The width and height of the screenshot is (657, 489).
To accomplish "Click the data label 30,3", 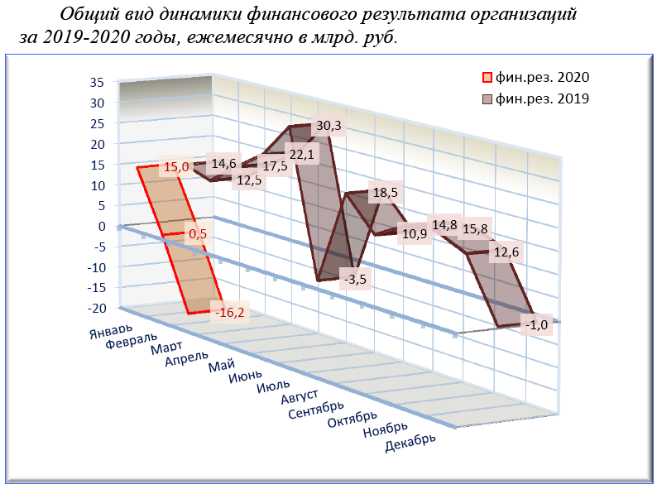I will coord(328,127).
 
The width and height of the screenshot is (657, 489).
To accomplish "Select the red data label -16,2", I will coord(230,313).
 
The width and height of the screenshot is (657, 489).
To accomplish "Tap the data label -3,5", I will coord(357,279).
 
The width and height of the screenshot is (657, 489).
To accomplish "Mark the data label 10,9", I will coord(412,233).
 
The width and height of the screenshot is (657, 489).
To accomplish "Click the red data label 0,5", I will coord(197,234).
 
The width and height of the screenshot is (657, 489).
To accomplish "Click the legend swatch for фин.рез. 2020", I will coord(489,78).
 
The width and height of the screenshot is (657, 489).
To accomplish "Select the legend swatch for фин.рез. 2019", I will coord(489,99).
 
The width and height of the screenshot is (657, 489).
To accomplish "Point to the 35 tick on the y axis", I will coord(97,82).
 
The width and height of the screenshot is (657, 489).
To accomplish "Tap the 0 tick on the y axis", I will coord(103,226).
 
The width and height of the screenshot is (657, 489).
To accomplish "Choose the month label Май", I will coord(220,367).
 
